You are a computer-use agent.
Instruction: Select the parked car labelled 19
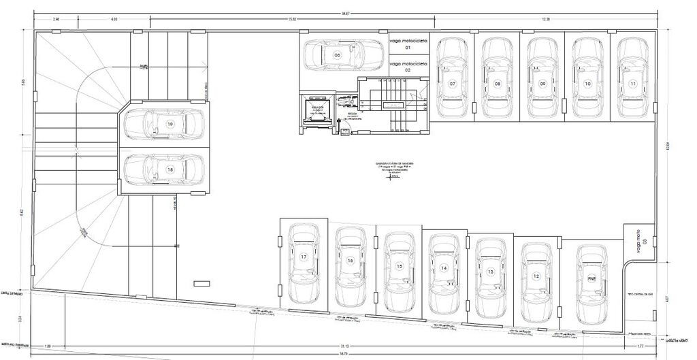pyautogui.click(x=165, y=125)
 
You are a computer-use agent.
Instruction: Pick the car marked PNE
pyautogui.click(x=591, y=284)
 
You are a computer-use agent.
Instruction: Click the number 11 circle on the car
pyautogui.click(x=633, y=84)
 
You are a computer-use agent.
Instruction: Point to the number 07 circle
pyautogui.click(x=452, y=84)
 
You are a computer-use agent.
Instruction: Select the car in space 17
pyautogui.click(x=304, y=263)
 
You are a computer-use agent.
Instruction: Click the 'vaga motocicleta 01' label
pyautogui.click(x=408, y=45)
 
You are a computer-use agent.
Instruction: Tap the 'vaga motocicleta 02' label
pyautogui.click(x=408, y=66)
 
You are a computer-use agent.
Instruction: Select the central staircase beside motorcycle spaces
pyautogui.click(x=394, y=104)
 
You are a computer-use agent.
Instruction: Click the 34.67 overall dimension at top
pyautogui.click(x=346, y=14)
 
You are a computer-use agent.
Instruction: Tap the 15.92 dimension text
pyautogui.click(x=291, y=19)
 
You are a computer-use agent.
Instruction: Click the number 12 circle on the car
pyautogui.click(x=536, y=276)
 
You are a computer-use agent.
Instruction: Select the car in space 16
pyautogui.click(x=351, y=265)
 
